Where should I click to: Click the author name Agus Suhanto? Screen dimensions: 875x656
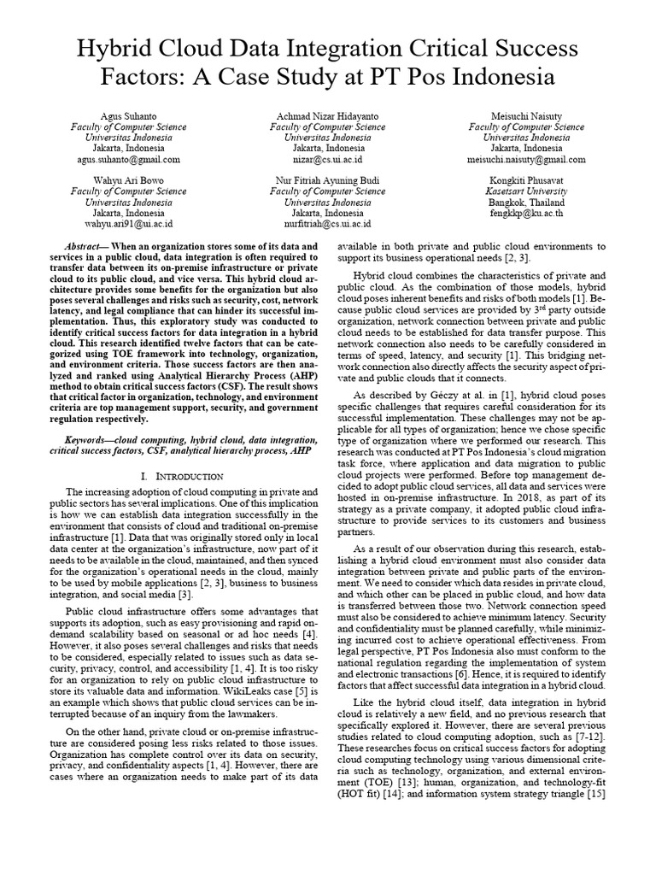[x=128, y=115]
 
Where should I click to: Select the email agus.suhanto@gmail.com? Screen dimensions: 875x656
[x=128, y=160]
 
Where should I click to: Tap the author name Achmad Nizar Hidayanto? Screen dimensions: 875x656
[x=327, y=115]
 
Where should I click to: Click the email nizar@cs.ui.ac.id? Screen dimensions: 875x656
[x=327, y=160]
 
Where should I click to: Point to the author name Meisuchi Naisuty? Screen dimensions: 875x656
[x=526, y=115]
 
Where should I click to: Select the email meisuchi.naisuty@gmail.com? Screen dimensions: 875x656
[x=526, y=160]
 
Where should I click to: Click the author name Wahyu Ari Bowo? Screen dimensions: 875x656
[x=128, y=181]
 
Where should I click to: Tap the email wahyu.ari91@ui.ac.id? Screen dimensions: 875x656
[x=128, y=226]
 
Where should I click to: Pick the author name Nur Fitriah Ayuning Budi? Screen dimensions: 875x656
[x=327, y=181]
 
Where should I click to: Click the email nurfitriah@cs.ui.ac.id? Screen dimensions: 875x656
[x=327, y=226]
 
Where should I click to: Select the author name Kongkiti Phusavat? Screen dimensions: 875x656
[x=526, y=181]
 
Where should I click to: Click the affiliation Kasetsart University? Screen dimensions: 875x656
[x=526, y=192]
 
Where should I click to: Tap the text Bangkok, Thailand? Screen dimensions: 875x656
[x=526, y=203]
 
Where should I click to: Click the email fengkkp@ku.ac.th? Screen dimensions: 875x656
[x=526, y=214]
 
